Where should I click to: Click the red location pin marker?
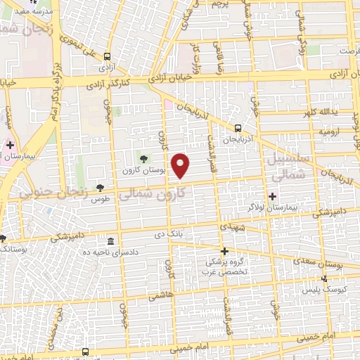click(181, 165)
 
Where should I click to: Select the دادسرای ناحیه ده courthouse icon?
click(110, 241)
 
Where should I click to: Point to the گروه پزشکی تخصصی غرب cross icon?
click(224, 251)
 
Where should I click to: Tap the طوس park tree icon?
click(100, 187)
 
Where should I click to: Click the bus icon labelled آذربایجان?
click(238, 128)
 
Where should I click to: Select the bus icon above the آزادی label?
click(106, 56)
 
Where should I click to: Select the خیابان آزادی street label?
click(169, 81)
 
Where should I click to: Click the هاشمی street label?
click(160, 297)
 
